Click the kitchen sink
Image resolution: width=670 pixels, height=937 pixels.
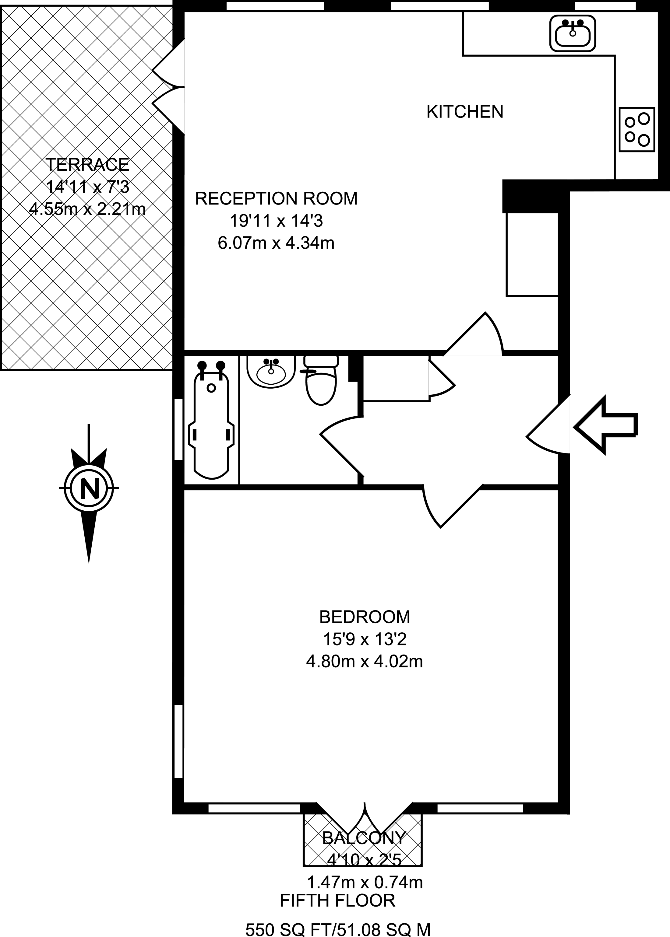tap(573, 33)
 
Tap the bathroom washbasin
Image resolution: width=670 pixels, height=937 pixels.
tap(271, 371)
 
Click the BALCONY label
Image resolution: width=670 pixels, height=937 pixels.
tap(364, 838)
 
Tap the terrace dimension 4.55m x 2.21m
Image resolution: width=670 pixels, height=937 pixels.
tap(87, 209)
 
